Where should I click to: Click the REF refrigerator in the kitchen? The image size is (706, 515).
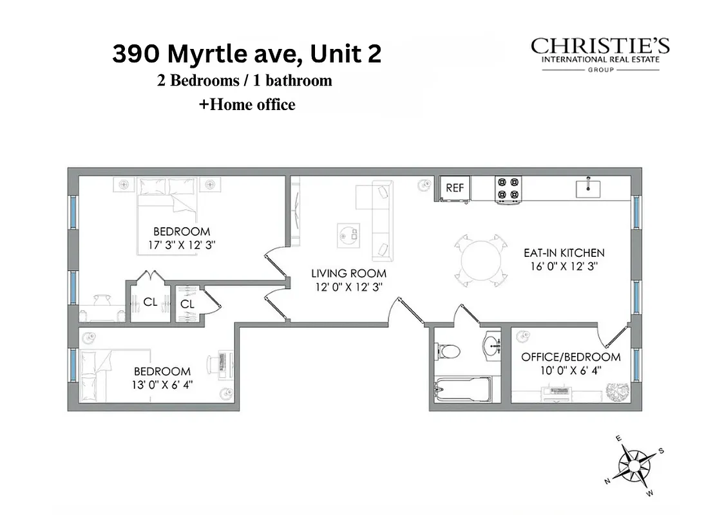coord(455,188)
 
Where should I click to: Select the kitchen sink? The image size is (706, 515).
coord(588,189)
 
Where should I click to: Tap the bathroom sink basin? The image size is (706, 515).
coord(493,346)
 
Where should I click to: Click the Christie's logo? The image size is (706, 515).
coord(600,54)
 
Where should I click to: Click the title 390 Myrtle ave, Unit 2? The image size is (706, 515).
coord(247,54)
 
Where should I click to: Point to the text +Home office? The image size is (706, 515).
coord(247,104)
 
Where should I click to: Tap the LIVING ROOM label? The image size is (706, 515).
coord(349,274)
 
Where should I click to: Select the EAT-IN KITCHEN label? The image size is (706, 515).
coord(564,253)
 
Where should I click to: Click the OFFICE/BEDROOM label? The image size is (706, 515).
coord(571,357)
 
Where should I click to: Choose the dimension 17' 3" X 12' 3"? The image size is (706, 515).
coord(181,245)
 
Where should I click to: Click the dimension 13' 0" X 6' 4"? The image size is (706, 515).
coord(162,384)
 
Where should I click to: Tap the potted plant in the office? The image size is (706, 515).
coord(616,390)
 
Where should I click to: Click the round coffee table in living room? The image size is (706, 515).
coord(349,235)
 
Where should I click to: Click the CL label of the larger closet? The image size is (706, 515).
coord(150,301)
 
